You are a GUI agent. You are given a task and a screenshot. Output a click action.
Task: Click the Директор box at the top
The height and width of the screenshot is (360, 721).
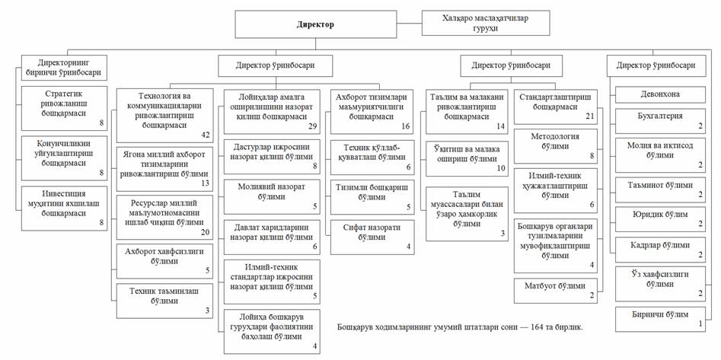tap(314, 25)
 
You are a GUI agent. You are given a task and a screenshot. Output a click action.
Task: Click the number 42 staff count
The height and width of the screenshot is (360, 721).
tap(205, 134)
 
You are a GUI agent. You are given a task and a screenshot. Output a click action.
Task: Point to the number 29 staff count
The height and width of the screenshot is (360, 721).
tap(313, 124)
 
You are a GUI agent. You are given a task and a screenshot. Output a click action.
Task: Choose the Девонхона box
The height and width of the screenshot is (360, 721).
tap(659, 95)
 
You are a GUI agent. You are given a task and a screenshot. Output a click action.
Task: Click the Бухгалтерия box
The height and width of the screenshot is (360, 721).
tap(659, 119)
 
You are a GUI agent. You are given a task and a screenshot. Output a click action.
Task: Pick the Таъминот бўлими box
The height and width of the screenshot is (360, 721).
tap(659, 186)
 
